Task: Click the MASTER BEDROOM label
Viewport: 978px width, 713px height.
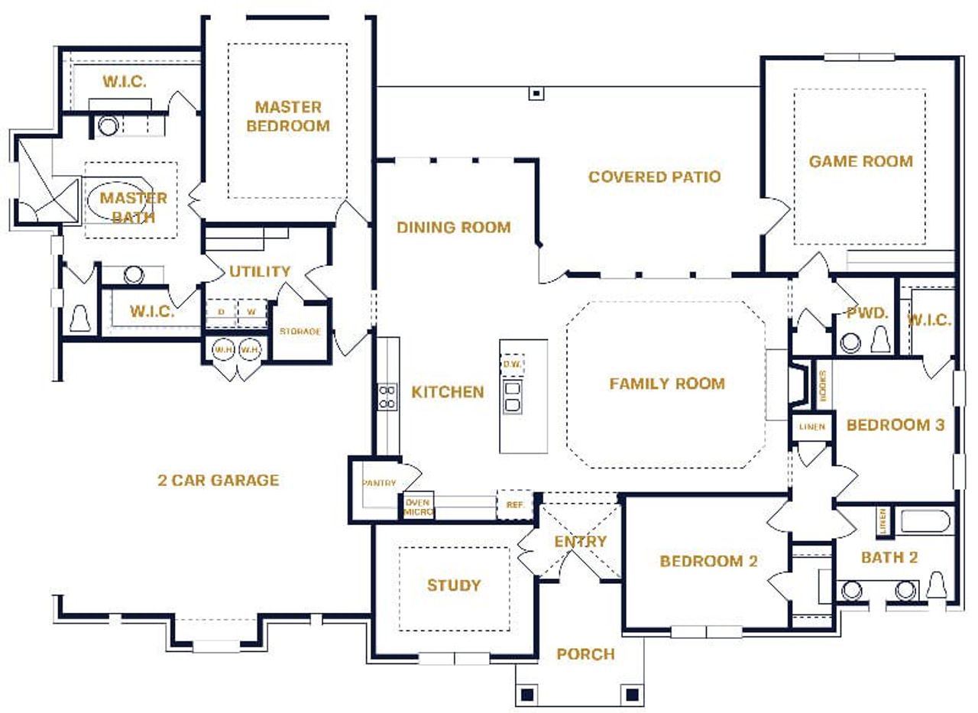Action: tap(287, 116)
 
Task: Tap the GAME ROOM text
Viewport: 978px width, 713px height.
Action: tap(860, 161)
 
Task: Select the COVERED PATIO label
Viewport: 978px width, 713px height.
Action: tap(654, 177)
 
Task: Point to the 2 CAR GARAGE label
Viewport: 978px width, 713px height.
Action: tap(218, 480)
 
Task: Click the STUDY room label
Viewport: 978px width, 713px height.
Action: tap(454, 585)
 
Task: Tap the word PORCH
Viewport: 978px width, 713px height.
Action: tap(585, 654)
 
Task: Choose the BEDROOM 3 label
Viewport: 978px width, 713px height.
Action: tap(895, 425)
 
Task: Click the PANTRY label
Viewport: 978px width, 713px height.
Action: tap(379, 483)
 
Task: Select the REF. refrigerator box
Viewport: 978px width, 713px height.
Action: tap(514, 504)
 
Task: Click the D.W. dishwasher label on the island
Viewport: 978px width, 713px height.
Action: tap(512, 365)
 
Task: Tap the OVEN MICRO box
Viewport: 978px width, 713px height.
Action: tap(418, 506)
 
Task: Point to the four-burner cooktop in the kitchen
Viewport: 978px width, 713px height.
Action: tap(387, 397)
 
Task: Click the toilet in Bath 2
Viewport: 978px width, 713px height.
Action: tap(936, 587)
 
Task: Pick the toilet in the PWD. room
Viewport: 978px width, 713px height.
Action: tap(880, 339)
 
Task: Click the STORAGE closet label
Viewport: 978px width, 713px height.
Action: tap(300, 332)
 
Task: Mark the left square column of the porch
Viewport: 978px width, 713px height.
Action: tap(526, 695)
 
